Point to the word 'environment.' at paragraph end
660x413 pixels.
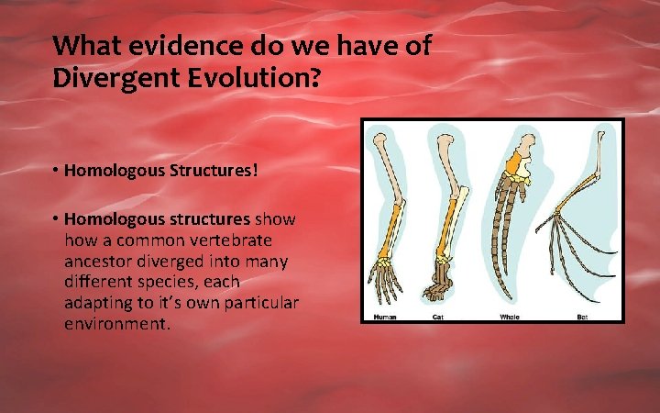pos(117,325)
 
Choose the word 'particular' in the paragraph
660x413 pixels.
pos(258,304)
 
